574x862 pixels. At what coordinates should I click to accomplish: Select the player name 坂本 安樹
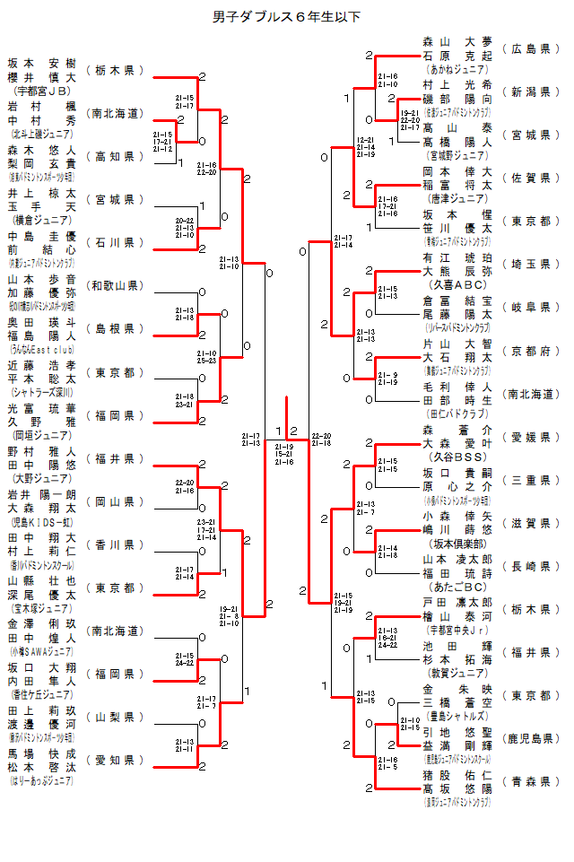point(42,64)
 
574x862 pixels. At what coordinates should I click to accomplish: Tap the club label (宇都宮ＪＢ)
point(42,91)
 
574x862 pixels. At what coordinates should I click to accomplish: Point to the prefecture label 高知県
point(115,156)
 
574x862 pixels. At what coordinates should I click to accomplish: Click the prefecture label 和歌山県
point(115,286)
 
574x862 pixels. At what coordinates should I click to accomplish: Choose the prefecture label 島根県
point(115,329)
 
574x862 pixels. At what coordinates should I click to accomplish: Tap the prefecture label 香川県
point(115,544)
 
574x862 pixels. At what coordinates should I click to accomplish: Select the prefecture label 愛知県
point(115,760)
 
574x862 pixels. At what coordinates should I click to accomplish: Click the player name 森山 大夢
point(457,41)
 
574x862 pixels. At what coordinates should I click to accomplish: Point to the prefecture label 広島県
point(530,48)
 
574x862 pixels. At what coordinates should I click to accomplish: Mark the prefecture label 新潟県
point(530,91)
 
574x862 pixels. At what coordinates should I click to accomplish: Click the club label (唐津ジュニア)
point(457,197)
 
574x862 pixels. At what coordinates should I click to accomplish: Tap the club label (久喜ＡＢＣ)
point(457,283)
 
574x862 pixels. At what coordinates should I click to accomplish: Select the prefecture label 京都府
point(530,351)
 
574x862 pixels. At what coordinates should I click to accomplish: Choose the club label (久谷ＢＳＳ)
point(457,457)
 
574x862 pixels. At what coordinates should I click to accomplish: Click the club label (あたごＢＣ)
point(457,586)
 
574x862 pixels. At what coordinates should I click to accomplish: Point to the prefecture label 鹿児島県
point(530,738)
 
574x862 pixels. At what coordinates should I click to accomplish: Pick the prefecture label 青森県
point(530,781)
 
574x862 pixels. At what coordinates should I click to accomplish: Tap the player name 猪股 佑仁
point(457,775)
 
